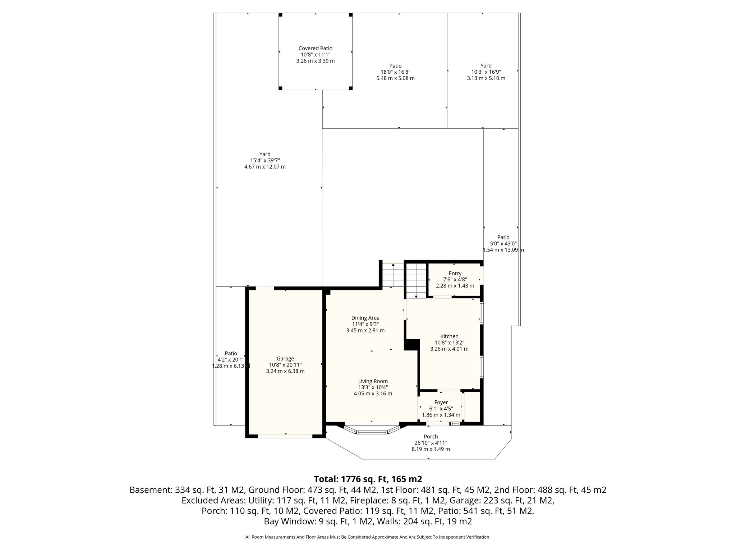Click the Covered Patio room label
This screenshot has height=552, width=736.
tap(315, 48)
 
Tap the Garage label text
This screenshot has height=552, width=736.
tap(285, 358)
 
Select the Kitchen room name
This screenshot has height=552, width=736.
tap(449, 336)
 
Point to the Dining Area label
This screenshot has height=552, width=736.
tap(365, 318)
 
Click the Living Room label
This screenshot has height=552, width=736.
tap(373, 381)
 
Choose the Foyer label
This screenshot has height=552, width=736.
tap(441, 402)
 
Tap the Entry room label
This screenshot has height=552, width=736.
tap(455, 273)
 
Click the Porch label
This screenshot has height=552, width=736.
tap(431, 437)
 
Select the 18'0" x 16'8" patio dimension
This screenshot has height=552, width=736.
tap(395, 72)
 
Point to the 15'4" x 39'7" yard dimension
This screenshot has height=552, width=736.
tap(265, 161)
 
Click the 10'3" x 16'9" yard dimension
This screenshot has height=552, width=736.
tap(486, 72)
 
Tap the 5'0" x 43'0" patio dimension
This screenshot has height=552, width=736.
tap(503, 244)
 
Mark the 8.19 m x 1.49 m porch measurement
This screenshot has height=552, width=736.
tap(431, 449)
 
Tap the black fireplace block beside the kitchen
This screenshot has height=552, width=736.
tap(412, 345)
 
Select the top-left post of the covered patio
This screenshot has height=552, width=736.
tap(281, 15)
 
